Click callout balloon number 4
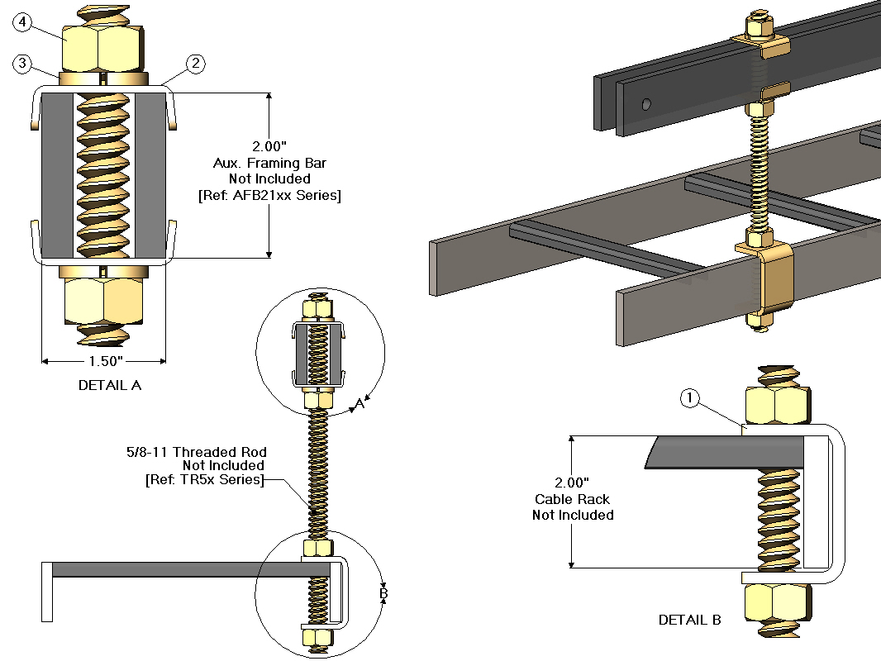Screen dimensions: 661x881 tap(23, 23)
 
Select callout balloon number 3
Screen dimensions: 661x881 tap(23, 63)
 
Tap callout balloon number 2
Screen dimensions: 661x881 tap(195, 63)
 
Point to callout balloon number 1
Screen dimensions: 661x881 tap(691, 399)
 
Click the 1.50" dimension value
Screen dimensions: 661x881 tap(105, 361)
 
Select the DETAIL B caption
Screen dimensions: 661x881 tap(690, 620)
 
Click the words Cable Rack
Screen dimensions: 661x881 tap(572, 499)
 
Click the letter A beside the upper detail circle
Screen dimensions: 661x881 tap(360, 404)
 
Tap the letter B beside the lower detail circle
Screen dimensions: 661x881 tap(383, 593)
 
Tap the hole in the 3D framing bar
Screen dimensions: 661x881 tap(647, 104)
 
